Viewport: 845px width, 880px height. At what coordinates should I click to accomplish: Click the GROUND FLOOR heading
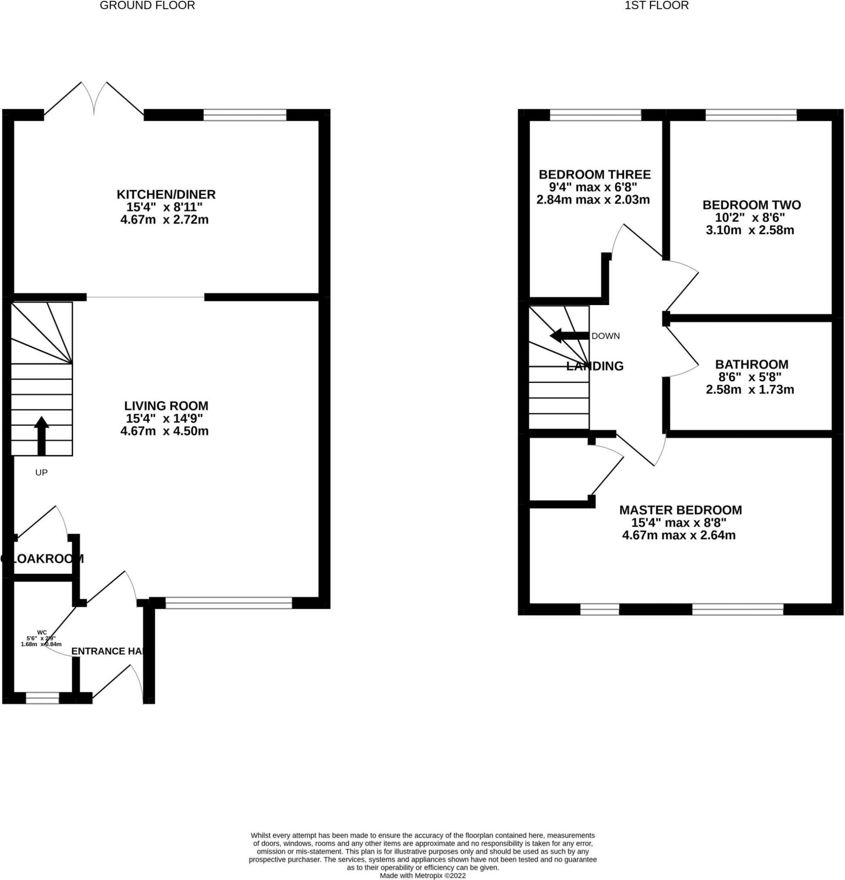click(x=147, y=6)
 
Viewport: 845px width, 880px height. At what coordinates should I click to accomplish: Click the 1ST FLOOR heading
click(x=656, y=6)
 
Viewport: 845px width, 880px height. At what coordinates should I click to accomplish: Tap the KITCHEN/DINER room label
click(x=166, y=194)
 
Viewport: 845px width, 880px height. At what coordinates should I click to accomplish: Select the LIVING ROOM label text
click(x=166, y=406)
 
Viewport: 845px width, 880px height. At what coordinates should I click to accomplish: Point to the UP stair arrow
click(x=41, y=435)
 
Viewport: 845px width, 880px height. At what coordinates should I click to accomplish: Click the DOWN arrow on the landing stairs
click(x=569, y=335)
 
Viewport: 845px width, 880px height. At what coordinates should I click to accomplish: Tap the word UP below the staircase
click(x=41, y=472)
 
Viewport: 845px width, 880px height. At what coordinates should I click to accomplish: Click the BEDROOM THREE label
click(x=595, y=174)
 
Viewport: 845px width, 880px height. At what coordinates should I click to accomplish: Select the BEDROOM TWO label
click(x=751, y=205)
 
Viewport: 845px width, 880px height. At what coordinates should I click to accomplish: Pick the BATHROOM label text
click(x=751, y=364)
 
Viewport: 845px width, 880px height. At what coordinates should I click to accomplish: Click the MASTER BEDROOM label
click(x=680, y=510)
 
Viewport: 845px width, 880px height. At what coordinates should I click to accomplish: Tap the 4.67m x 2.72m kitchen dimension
click(x=164, y=220)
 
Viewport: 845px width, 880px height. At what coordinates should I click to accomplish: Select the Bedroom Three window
click(x=595, y=116)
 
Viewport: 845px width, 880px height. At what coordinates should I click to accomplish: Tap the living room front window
click(x=229, y=603)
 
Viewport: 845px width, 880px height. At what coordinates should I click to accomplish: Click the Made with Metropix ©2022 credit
click(x=422, y=876)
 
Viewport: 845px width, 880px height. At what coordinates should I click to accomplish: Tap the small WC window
click(x=43, y=698)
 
